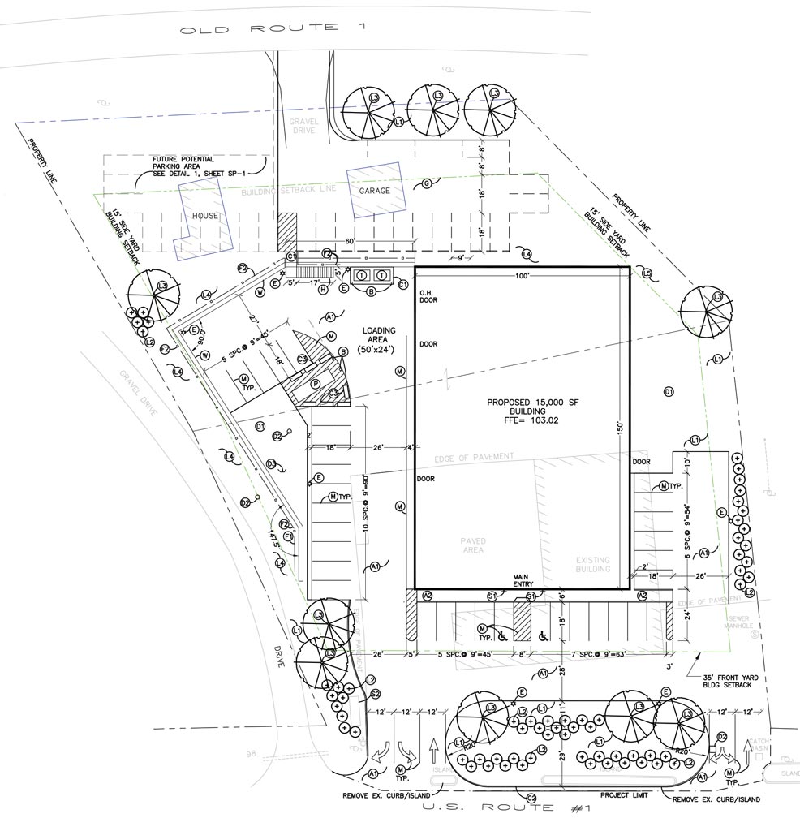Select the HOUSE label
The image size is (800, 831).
point(204,216)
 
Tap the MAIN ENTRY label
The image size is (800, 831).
point(520,582)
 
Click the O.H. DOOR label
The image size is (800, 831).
point(428,296)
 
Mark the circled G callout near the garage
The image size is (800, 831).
point(426,183)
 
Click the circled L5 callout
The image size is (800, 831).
point(647,273)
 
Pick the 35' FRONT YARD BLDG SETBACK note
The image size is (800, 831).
point(724,680)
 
